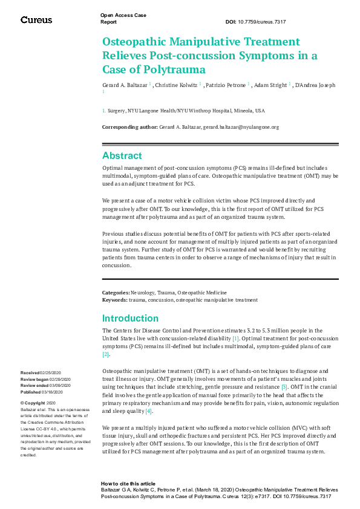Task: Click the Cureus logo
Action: [x=36, y=20]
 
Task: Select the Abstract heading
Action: [x=122, y=155]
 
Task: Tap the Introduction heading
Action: [x=130, y=318]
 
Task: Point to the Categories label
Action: [x=116, y=292]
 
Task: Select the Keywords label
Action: [x=114, y=299]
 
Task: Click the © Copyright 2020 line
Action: [x=38, y=403]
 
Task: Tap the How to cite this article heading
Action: [x=128, y=484]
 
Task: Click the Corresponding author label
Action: [x=129, y=127]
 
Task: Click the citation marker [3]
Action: [x=284, y=386]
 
